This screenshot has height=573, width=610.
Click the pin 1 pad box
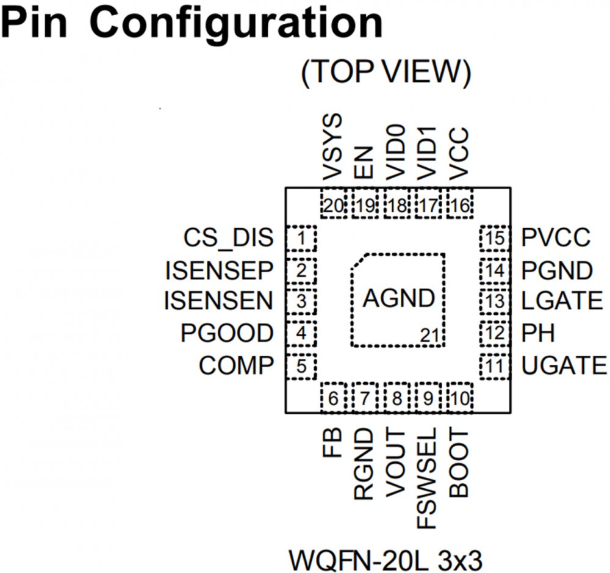click(x=302, y=238)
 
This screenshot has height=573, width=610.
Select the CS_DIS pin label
click(x=228, y=238)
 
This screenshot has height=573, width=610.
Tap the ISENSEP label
click(x=218, y=270)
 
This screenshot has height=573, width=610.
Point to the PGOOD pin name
click(x=227, y=333)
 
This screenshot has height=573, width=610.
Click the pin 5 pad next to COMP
click(x=302, y=366)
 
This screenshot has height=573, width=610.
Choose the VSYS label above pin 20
click(x=333, y=147)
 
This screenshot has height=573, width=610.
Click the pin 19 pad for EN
click(x=365, y=206)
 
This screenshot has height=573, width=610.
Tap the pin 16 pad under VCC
click(x=460, y=206)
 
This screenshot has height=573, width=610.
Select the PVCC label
click(x=556, y=238)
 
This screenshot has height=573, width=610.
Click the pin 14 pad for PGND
click(x=495, y=270)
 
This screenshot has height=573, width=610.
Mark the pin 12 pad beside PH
click(x=495, y=333)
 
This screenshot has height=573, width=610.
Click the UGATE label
click(x=564, y=366)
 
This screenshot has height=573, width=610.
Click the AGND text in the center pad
click(x=399, y=299)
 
